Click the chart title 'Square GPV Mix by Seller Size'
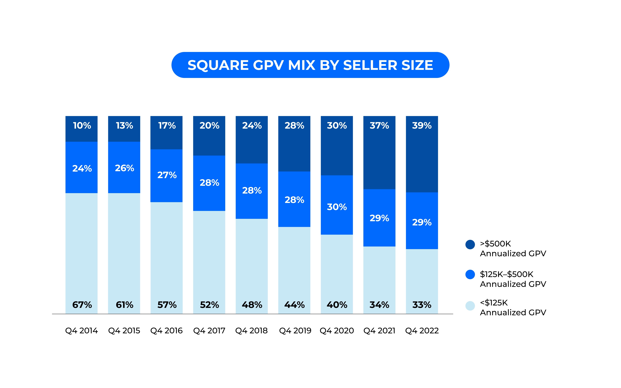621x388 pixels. [x=310, y=65]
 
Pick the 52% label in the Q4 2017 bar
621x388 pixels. [x=209, y=305]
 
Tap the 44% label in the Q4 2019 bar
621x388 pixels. [x=294, y=305]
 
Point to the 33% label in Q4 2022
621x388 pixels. [x=422, y=305]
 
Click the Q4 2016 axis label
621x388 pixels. [x=166, y=331]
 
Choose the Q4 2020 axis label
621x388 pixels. [x=337, y=331]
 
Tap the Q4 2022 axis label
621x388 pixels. [x=422, y=331]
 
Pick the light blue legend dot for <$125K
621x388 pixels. [x=470, y=306]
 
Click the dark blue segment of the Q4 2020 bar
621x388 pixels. [x=337, y=154]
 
